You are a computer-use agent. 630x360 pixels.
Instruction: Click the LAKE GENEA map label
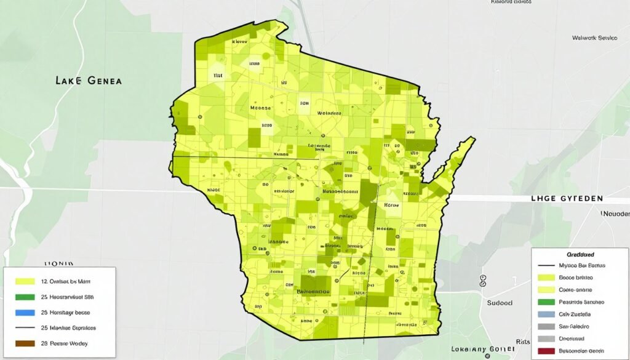[x=89, y=81]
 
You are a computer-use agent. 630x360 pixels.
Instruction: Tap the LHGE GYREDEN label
[x=567, y=199]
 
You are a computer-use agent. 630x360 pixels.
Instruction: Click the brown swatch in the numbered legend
[x=25, y=343]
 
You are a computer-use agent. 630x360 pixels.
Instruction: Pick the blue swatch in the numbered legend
[x=25, y=312]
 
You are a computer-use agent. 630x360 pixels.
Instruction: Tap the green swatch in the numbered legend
[x=25, y=297]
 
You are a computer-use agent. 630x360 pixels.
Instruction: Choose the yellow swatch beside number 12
[x=25, y=281]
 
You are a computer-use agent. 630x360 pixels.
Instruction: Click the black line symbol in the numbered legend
[x=25, y=328]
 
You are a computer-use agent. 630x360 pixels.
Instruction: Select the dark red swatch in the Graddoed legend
[x=546, y=351]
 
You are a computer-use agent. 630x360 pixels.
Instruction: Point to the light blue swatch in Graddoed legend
[x=546, y=314]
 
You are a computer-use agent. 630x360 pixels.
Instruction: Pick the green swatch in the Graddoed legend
[x=546, y=302]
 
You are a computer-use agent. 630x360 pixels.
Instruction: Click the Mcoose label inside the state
[x=260, y=108]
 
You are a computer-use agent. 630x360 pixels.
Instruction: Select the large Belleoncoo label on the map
[x=314, y=290]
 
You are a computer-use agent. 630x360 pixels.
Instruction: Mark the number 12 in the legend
[x=44, y=281]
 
